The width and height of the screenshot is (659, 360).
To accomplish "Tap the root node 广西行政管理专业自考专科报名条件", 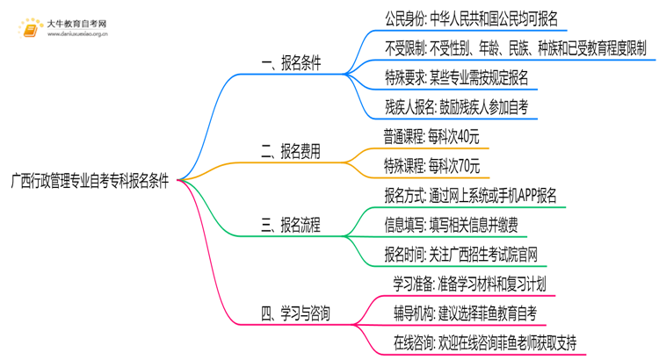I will (x=91, y=179).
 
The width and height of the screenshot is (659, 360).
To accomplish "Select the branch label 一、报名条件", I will (x=292, y=63).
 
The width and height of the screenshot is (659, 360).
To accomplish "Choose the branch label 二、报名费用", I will (x=292, y=151).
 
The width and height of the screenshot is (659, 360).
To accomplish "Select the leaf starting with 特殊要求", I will (x=456, y=77).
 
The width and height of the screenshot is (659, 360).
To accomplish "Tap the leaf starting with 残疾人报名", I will (x=457, y=107).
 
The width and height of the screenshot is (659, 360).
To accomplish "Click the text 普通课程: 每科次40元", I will (x=431, y=136).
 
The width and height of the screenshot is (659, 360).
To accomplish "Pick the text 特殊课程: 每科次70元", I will (x=431, y=165).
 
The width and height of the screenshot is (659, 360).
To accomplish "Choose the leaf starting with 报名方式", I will (x=469, y=195).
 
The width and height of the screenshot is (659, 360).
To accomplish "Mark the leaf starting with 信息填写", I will (x=453, y=225).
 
